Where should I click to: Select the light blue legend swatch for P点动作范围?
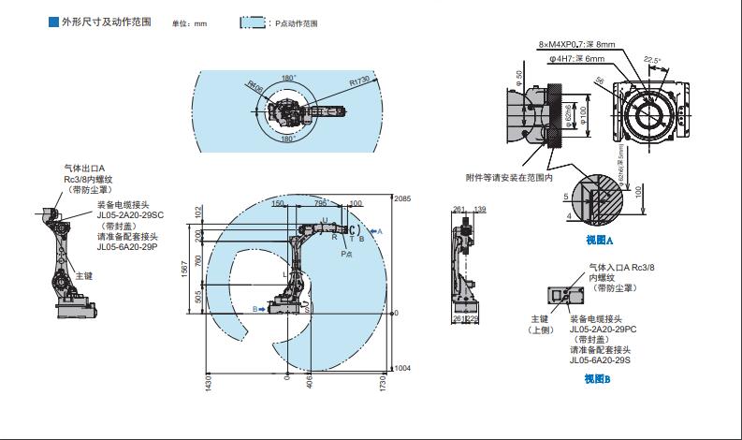(254, 22)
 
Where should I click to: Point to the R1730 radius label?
(360, 82)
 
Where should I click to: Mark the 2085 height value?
(402, 198)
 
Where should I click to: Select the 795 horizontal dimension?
(322, 203)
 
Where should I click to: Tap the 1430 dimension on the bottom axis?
(207, 383)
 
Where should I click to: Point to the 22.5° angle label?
(652, 61)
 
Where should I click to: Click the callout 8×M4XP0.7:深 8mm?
(576, 44)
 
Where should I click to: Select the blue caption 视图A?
(598, 240)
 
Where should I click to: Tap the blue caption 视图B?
(596, 378)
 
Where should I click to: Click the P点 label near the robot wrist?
(346, 254)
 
